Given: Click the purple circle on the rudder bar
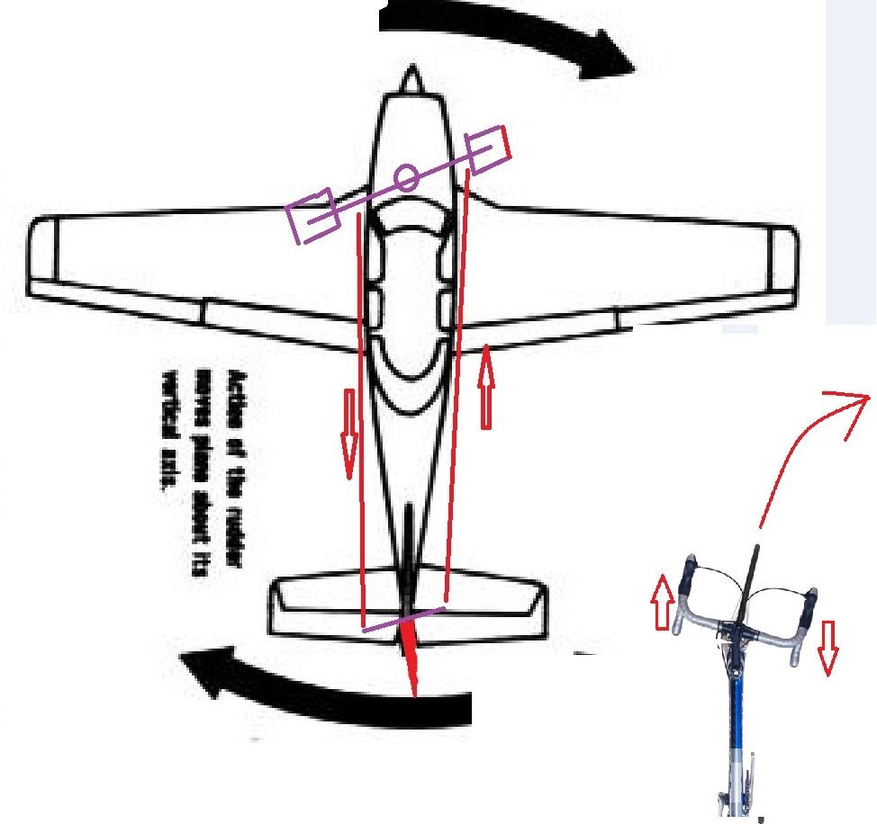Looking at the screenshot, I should coord(406,178).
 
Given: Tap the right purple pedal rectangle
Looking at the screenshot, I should coord(486,150).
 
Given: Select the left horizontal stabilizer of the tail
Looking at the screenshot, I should coord(315,607).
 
